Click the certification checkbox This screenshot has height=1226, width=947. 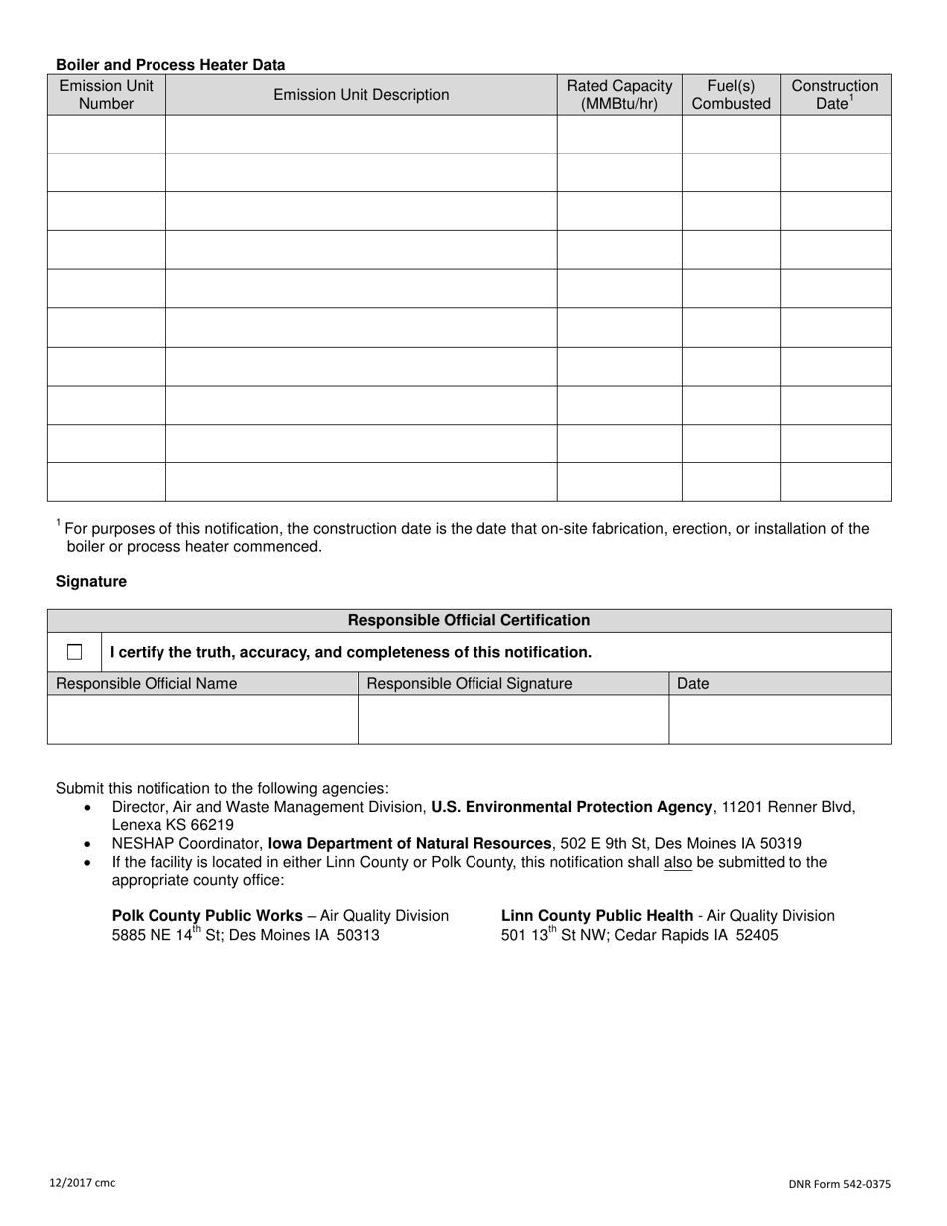tap(75, 652)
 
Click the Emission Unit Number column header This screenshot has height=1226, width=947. tap(106, 94)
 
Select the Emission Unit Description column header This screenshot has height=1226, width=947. tap(361, 95)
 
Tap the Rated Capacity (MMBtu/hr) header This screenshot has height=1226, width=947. tap(619, 94)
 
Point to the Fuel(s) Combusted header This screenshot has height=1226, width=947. tap(731, 94)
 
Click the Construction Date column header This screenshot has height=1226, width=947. tap(835, 94)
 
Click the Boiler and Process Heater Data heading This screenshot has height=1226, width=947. tap(170, 65)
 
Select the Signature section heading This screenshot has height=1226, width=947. tap(91, 581)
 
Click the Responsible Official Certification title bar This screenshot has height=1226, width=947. tap(469, 620)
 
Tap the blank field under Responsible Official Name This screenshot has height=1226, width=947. tap(202, 719)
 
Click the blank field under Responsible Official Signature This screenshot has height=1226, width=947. tap(512, 719)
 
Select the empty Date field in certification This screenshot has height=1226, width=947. tap(780, 719)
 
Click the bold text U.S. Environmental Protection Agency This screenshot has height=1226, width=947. tap(571, 807)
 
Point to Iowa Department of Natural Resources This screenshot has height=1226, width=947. tap(410, 843)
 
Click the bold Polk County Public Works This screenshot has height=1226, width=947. tap(207, 915)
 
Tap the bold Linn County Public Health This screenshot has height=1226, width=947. tap(596, 915)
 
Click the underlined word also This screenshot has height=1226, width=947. tap(677, 862)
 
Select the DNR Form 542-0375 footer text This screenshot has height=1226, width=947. tap(840, 1184)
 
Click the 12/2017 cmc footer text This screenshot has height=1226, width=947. tap(82, 1183)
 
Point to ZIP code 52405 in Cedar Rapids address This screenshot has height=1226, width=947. tap(757, 935)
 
